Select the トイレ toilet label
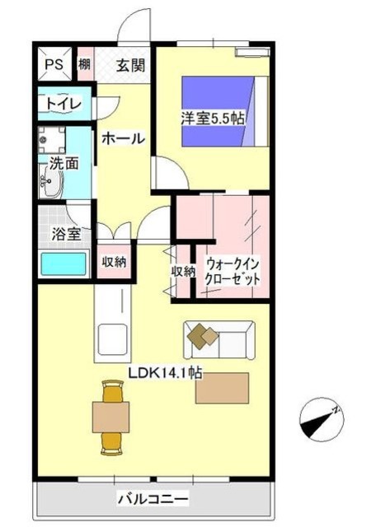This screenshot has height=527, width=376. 63,104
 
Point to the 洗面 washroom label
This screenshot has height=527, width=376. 65,163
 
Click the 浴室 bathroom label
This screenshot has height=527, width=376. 65,234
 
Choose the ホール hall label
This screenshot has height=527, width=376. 124,138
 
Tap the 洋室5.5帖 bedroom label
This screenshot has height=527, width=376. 214,118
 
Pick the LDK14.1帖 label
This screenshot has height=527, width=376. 165,372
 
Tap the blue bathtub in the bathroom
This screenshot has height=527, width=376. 63,264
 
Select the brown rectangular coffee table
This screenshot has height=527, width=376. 222,388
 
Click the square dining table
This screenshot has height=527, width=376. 111,414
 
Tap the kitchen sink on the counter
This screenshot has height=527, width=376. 111,338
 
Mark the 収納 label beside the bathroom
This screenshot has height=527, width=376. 114,262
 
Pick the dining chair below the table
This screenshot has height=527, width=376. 111,443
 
